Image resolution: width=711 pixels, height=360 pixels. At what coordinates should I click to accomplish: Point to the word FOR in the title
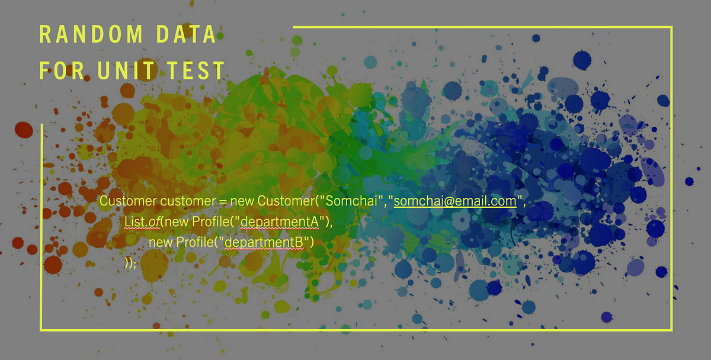(x=59, y=70)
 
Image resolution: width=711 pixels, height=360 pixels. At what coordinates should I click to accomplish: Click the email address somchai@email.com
(x=455, y=201)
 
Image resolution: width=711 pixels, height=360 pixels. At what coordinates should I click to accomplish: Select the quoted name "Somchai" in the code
(x=350, y=201)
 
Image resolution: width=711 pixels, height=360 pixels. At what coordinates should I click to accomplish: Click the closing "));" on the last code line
(x=130, y=262)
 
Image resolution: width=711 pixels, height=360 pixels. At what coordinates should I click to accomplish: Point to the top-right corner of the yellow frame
(x=672, y=27)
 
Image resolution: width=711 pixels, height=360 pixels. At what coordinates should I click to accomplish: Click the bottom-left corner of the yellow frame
(x=41, y=329)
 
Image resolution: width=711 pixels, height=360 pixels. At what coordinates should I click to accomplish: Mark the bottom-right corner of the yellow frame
(x=672, y=329)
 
